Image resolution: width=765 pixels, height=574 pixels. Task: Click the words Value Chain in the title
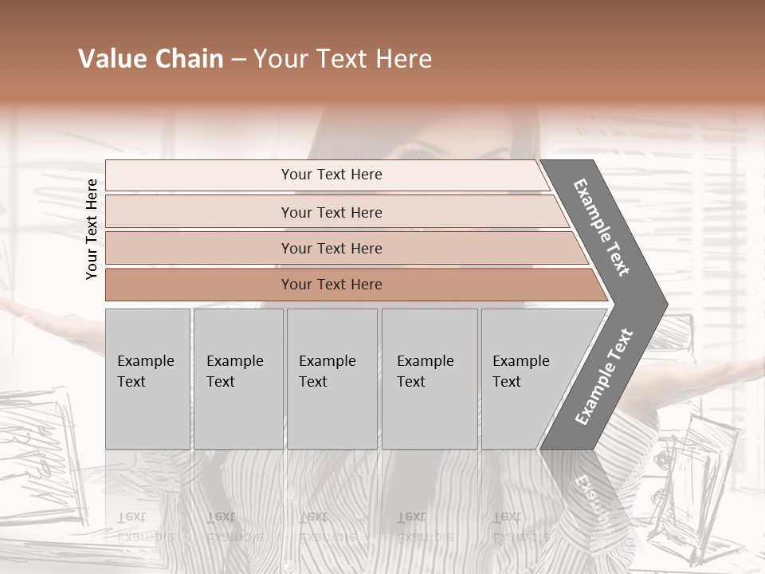coord(151,59)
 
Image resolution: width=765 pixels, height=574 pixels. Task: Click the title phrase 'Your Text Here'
coord(343,59)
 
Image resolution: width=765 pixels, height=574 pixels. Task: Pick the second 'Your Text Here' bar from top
coord(331,212)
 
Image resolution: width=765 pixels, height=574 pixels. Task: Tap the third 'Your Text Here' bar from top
coord(331,248)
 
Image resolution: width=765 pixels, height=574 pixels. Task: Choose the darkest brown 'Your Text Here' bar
coord(331,285)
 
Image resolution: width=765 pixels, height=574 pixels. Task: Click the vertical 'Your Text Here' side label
coord(92,229)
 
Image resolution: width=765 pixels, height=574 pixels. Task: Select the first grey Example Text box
coord(147,378)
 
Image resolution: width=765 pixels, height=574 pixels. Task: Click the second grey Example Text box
coord(237,378)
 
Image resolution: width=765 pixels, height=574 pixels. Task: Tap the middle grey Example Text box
coord(331,378)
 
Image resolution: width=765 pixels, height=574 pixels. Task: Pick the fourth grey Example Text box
coord(430,378)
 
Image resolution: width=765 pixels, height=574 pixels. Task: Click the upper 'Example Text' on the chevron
coord(602,227)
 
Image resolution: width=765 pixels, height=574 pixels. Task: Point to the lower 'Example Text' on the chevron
coord(604,376)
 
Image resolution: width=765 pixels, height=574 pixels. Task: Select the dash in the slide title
coord(238,60)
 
